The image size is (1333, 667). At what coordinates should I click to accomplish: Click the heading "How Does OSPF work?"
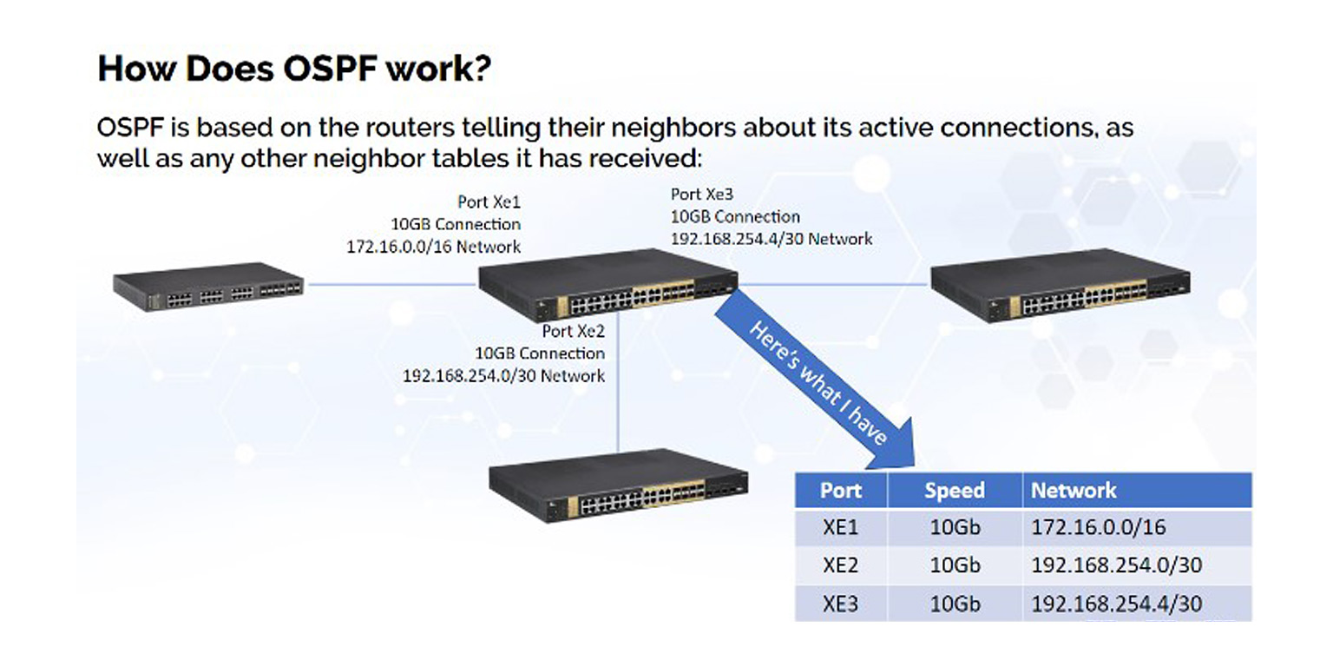coord(294,69)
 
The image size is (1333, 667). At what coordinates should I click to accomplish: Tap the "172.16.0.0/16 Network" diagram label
coord(434,247)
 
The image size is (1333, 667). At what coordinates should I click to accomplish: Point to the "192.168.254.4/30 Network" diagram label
coord(772,238)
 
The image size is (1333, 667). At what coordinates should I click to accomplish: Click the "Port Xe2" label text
coord(574,331)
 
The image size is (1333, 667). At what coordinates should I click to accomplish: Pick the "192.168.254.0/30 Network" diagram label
coord(503,376)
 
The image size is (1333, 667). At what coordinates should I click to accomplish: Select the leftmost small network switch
coord(208,287)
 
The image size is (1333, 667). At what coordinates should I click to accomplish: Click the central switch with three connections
coord(607,287)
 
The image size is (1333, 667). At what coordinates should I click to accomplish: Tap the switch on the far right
coord(1060,286)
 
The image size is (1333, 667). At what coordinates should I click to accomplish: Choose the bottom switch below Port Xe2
coord(618,486)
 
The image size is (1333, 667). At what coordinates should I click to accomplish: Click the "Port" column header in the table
coord(840,491)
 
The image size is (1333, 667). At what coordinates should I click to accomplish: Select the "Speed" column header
coord(955,491)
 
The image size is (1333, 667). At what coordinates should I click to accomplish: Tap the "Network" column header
coord(1074,491)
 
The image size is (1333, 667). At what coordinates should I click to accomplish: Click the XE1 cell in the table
coord(840,527)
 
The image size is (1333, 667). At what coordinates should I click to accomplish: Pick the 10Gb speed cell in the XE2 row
coord(955,565)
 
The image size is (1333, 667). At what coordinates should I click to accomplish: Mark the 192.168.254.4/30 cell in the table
coord(1116,604)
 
